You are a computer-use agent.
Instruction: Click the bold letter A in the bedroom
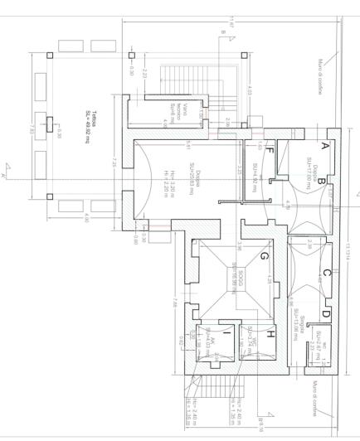pyautogui.click(x=324, y=145)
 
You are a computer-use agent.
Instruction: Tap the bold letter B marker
pyautogui.click(x=320, y=177)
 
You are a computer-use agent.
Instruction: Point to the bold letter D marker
pyautogui.click(x=325, y=313)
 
